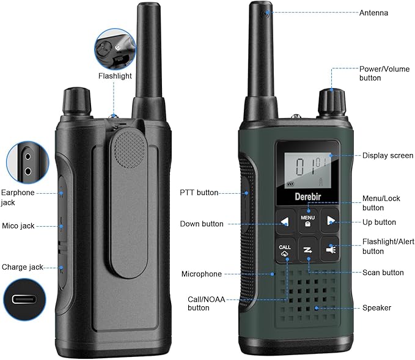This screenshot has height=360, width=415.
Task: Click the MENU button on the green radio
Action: click(x=308, y=221)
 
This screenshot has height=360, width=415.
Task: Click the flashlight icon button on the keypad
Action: click(x=330, y=249)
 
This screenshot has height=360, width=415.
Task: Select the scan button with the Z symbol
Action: click(x=308, y=250)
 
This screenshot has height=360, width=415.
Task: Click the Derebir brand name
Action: click(x=308, y=197)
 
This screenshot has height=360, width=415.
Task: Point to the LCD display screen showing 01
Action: click(x=307, y=170)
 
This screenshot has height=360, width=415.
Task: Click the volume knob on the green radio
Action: click(x=332, y=103)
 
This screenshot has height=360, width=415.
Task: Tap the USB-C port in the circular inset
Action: click(x=24, y=299)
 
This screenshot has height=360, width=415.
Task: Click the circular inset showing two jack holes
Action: click(x=28, y=163)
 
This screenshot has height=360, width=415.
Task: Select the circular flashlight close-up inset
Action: click(x=115, y=50)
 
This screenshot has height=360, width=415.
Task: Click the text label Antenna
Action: click(x=373, y=13)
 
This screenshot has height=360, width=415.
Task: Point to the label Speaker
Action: click(x=376, y=308)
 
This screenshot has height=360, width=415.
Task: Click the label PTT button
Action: click(x=199, y=193)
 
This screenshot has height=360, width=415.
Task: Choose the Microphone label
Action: click(x=202, y=274)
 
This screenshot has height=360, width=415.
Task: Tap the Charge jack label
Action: click(x=22, y=267)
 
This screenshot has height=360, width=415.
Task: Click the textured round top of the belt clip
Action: click(x=130, y=149)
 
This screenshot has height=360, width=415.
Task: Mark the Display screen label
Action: click(x=387, y=155)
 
